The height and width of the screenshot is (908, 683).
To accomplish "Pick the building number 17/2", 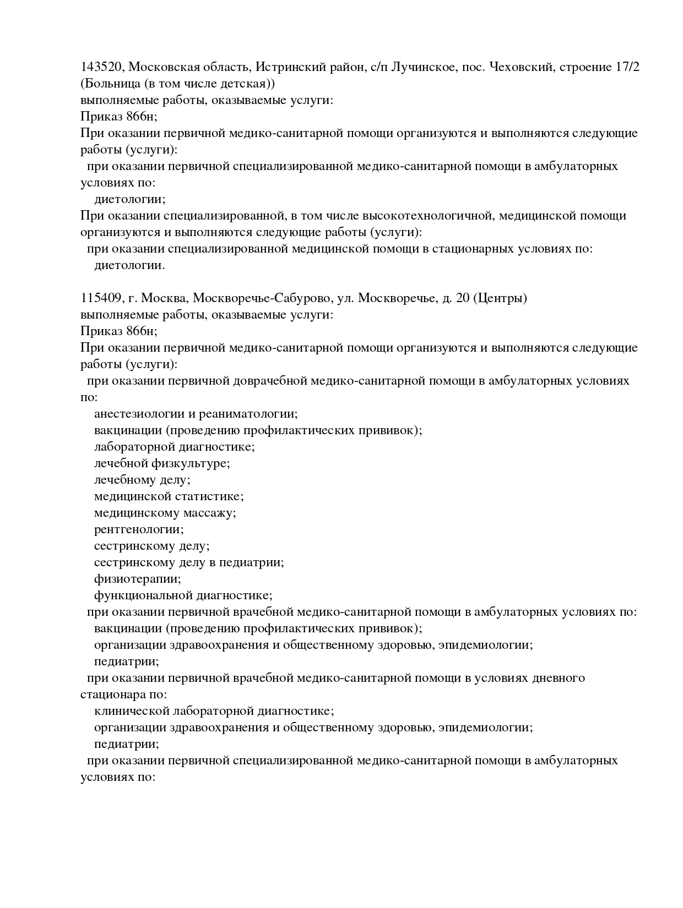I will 625,67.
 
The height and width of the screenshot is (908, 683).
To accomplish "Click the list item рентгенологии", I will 139,529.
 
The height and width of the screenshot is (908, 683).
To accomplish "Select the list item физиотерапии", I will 137,579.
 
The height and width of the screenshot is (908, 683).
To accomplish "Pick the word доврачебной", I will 271,381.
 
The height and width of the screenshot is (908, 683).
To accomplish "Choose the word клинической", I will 131,711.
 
